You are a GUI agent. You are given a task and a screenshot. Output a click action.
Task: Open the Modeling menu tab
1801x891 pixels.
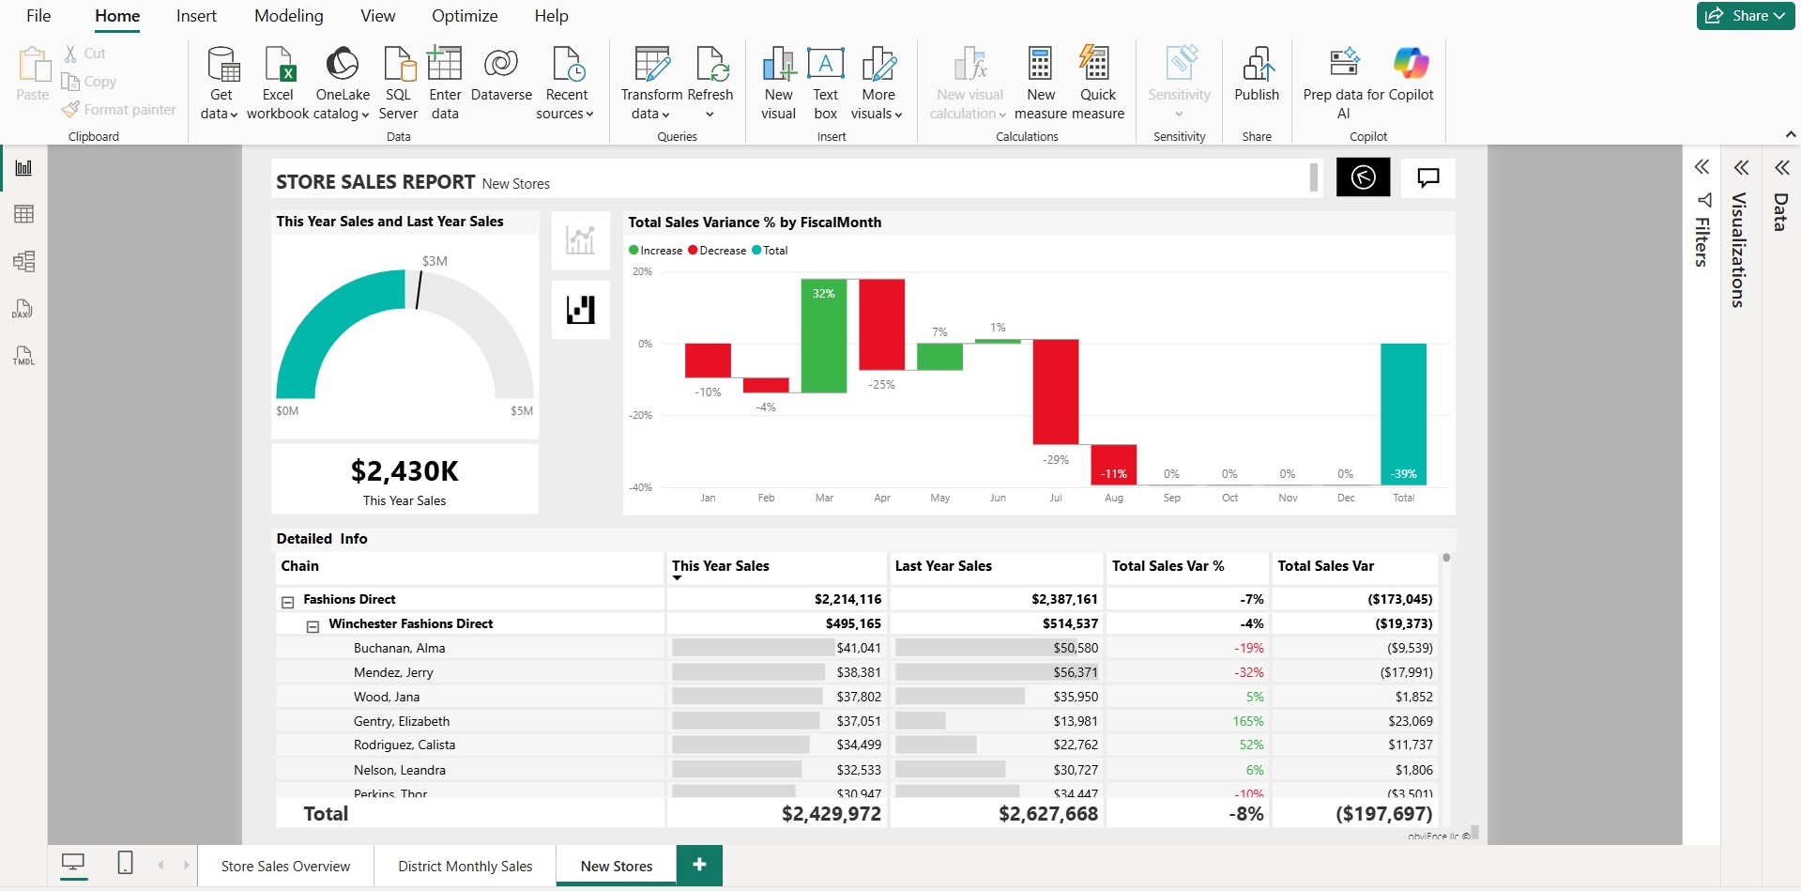(288, 16)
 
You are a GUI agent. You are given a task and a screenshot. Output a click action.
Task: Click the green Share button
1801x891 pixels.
(1745, 16)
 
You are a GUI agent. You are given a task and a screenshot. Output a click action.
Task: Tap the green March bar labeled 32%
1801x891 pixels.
(823, 335)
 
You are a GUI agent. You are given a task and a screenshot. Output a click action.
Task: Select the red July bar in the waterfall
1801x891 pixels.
(1055, 392)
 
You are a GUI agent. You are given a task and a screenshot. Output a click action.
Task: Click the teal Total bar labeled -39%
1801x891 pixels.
(1403, 413)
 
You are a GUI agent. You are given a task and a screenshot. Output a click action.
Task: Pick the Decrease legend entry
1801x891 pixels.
(718, 251)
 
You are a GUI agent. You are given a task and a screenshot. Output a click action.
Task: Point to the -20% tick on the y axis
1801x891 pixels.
(641, 415)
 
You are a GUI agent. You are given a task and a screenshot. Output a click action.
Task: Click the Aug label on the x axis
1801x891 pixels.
(1114, 498)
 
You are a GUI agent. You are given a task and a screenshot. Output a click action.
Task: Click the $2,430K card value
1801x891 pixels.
(404, 470)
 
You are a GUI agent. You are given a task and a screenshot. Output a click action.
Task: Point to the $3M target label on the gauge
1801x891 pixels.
(435, 261)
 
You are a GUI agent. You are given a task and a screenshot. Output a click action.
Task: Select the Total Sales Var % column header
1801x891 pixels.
(1168, 566)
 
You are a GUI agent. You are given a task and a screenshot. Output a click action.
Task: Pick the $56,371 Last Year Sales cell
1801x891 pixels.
(1076, 672)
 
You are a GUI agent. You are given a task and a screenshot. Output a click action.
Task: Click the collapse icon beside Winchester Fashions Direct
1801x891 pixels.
(313, 625)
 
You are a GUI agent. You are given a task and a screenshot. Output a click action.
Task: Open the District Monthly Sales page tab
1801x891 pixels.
(465, 866)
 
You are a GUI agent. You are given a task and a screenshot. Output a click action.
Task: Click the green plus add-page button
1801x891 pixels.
(699, 865)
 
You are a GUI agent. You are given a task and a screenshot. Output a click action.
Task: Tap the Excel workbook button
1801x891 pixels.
(278, 83)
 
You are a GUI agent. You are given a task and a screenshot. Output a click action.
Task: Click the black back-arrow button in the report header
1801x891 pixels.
(1363, 177)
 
